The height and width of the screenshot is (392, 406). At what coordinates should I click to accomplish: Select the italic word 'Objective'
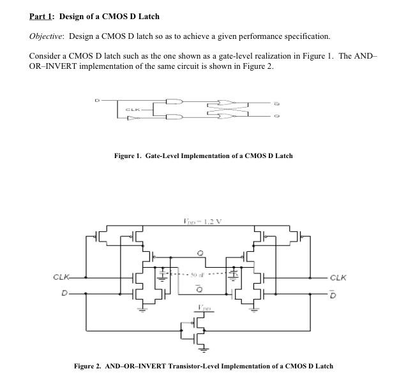tap(47, 36)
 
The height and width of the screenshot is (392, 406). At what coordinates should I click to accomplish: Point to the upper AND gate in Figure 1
tap(174, 101)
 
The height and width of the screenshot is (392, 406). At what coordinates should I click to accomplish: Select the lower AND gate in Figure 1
tap(174, 117)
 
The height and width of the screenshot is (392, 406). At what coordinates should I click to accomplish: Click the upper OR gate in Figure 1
tap(225, 101)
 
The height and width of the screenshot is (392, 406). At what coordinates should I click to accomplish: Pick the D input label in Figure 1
tap(97, 101)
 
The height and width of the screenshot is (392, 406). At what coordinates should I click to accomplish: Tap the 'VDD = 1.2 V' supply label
tap(202, 221)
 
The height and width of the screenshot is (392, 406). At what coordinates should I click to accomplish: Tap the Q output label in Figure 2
tap(200, 253)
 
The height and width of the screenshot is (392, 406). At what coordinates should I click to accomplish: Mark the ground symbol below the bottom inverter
tap(203, 349)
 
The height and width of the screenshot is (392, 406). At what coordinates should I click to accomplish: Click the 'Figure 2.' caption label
tap(88, 366)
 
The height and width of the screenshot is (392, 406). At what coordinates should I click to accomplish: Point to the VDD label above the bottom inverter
tap(202, 307)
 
